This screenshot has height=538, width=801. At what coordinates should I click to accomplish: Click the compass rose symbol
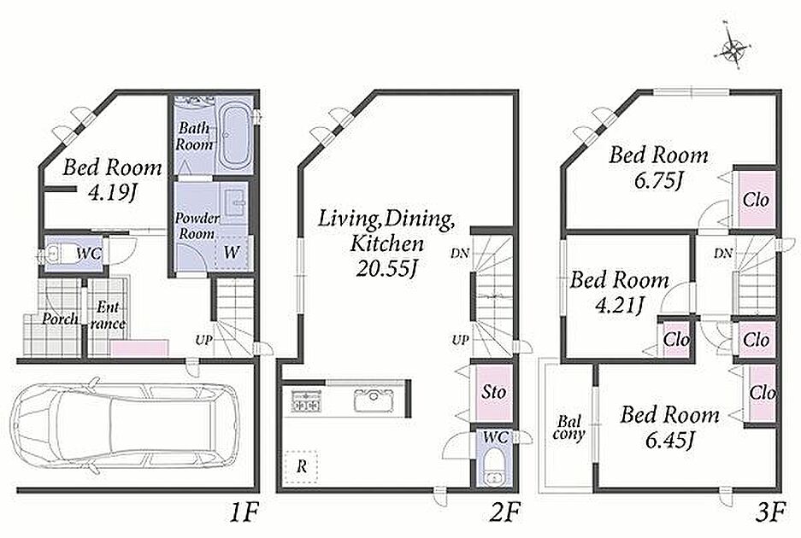tap(733, 50)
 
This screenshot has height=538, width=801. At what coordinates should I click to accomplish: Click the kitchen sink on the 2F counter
tap(374, 400)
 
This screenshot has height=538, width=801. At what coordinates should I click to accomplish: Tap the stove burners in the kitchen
tap(305, 401)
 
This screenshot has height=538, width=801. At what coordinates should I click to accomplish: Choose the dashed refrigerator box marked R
tap(302, 466)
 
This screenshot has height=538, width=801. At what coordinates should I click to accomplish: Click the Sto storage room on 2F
tap(493, 392)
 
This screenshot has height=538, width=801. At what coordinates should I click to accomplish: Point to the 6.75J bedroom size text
tap(658, 180)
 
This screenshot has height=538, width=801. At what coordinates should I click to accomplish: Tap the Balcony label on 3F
tap(569, 428)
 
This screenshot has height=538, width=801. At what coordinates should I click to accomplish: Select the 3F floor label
tap(769, 512)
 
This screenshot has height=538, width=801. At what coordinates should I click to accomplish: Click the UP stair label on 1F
tap(203, 340)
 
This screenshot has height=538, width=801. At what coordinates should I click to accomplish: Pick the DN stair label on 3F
tap(723, 253)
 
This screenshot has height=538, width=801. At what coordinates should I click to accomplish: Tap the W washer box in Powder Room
tap(233, 252)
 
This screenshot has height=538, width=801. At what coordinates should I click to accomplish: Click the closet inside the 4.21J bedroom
tap(676, 339)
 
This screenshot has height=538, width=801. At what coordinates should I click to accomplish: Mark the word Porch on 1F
tap(60, 319)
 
